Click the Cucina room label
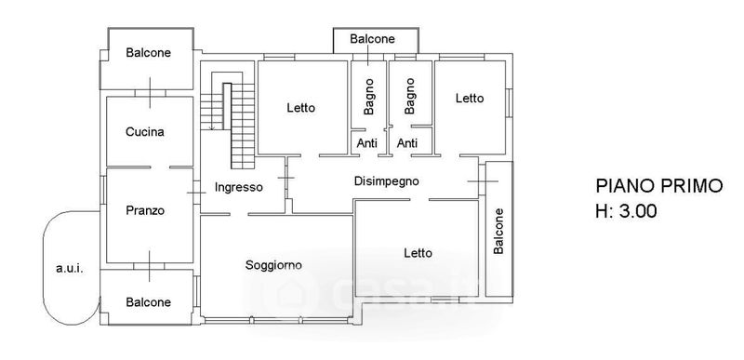click(x=145, y=132)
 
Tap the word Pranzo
click(x=145, y=210)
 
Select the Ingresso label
click(x=239, y=187)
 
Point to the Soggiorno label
click(x=273, y=265)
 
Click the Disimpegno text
click(x=387, y=181)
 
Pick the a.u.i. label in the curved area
click(x=70, y=269)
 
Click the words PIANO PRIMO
click(x=659, y=186)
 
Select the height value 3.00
click(x=637, y=210)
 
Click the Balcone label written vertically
click(x=498, y=231)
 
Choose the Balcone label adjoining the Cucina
click(x=148, y=53)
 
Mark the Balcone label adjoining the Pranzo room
click(x=148, y=302)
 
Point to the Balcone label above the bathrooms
click(x=373, y=39)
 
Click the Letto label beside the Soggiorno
click(x=418, y=253)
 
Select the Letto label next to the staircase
click(x=300, y=108)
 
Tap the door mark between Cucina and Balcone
click(x=150, y=92)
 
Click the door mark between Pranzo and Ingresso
click(x=196, y=193)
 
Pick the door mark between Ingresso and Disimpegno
click(x=286, y=178)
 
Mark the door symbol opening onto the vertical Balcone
click(x=483, y=181)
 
